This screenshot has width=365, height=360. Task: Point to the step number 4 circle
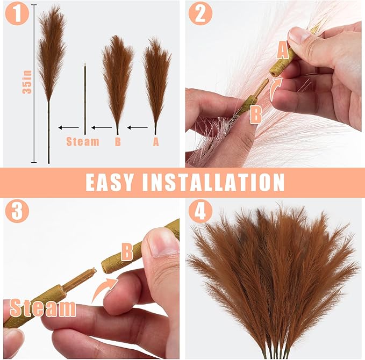200,211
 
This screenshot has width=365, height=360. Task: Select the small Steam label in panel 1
83,142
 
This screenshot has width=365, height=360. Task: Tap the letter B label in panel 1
118,142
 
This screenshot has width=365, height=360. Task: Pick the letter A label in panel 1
156,142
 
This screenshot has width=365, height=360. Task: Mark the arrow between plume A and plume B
138,128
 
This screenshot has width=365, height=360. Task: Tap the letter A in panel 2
282,51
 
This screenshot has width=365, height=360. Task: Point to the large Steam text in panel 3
43,308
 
